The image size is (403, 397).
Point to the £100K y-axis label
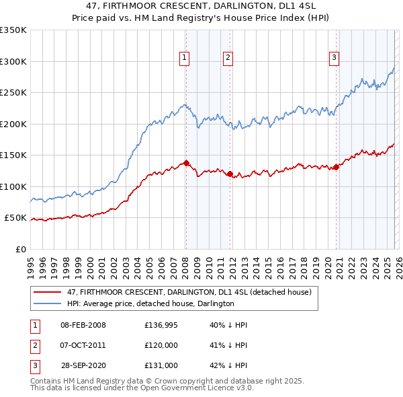(x=13, y=186)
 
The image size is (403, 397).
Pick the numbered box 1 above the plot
(x=184, y=59)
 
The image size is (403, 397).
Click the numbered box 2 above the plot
(x=228, y=59)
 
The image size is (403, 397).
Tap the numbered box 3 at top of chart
(x=334, y=59)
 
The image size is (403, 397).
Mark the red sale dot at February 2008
(x=186, y=163)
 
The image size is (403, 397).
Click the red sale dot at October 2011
(x=230, y=174)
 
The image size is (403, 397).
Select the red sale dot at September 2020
(x=336, y=168)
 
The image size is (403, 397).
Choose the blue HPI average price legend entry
(x=150, y=303)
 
